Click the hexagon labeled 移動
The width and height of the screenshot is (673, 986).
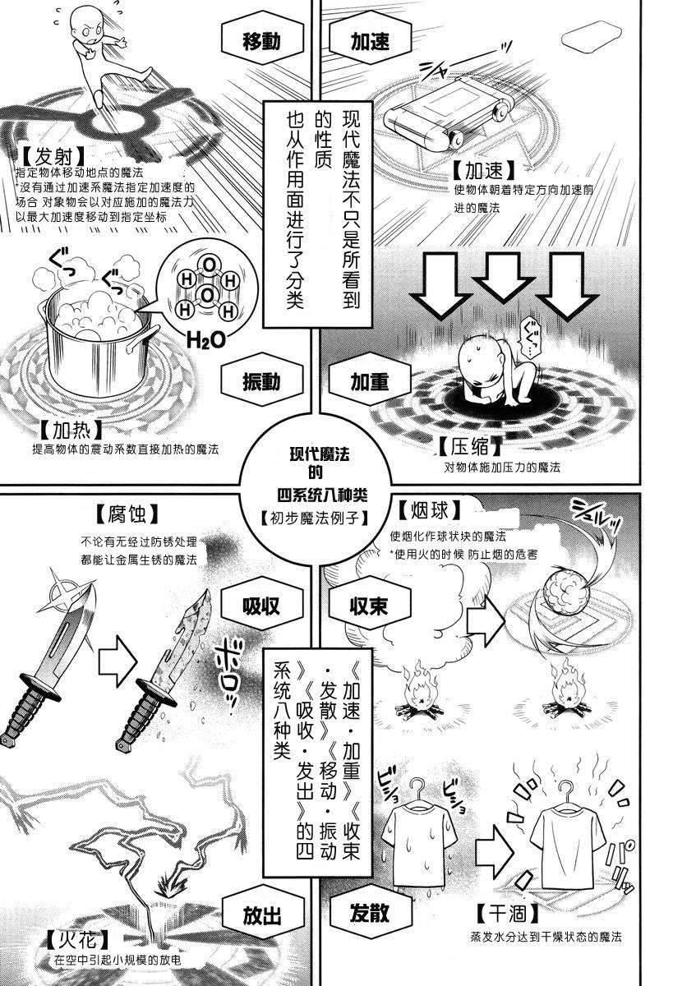[262, 41]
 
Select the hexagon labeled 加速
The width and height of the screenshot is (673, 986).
[370, 41]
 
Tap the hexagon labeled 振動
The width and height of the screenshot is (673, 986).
[262, 382]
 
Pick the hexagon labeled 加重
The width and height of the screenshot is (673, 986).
[370, 382]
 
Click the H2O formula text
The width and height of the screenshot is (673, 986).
[206, 340]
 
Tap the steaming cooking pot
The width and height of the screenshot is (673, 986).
[99, 339]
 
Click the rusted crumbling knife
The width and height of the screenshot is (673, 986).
[163, 669]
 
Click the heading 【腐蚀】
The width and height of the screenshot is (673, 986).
[127, 513]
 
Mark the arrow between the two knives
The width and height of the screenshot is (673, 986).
[116, 661]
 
